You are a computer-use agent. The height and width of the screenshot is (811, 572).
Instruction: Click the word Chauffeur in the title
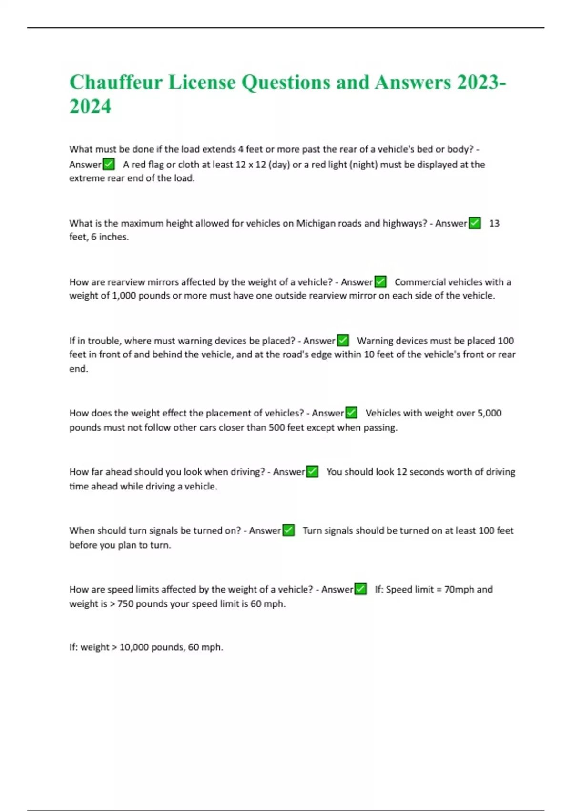pyautogui.click(x=116, y=83)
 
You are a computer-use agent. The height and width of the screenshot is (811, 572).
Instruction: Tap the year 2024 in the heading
pyautogui.click(x=90, y=106)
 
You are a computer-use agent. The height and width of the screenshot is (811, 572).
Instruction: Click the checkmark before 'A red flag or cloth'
pyautogui.click(x=109, y=165)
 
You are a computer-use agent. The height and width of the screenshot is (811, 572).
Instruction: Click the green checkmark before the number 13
pyautogui.click(x=475, y=223)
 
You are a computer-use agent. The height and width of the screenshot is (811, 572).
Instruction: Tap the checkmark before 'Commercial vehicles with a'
pyautogui.click(x=380, y=282)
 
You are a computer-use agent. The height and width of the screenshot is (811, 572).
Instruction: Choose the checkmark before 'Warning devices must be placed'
pyautogui.click(x=343, y=341)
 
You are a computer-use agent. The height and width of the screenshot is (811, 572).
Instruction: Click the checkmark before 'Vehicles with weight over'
pyautogui.click(x=351, y=413)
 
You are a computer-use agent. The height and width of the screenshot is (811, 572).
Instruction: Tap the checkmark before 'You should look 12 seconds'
pyautogui.click(x=312, y=472)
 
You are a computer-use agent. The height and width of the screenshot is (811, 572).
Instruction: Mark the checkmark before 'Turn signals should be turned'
pyautogui.click(x=288, y=530)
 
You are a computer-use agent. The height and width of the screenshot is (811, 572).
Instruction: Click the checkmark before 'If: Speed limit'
pyautogui.click(x=361, y=589)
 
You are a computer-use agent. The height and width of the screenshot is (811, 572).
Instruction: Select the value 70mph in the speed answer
pyautogui.click(x=459, y=590)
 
